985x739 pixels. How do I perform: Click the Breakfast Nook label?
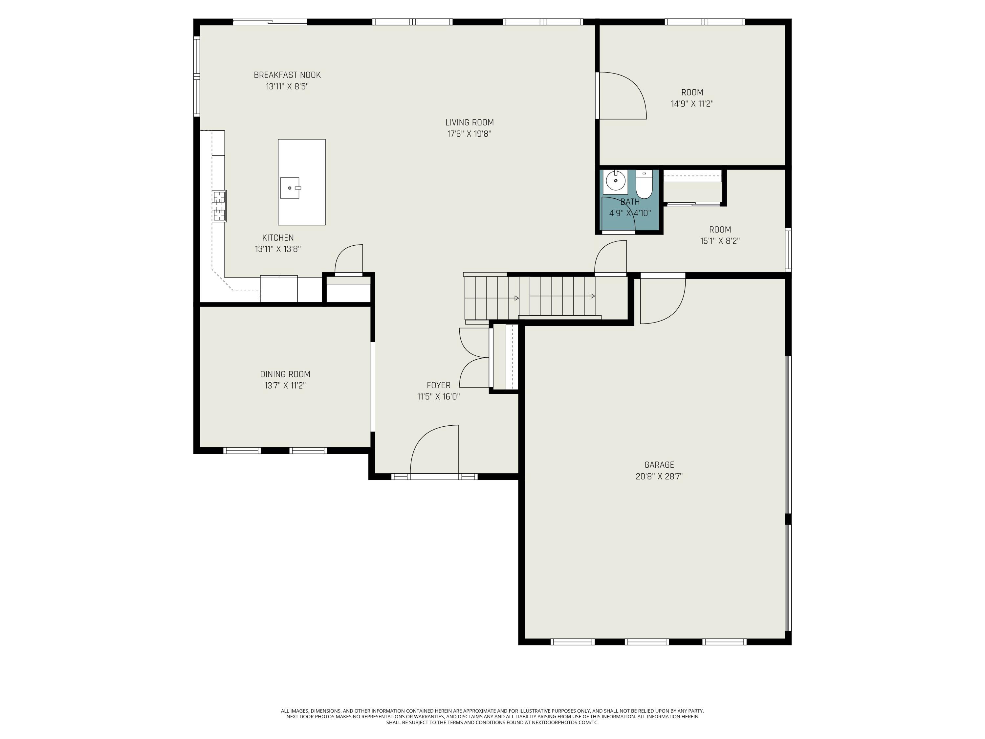pyautogui.click(x=287, y=75)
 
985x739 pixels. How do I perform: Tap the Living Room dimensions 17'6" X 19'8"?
pyautogui.click(x=469, y=134)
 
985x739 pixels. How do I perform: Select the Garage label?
pyautogui.click(x=659, y=465)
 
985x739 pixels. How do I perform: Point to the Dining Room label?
pyautogui.click(x=285, y=374)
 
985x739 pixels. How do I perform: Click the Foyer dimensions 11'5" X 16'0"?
pyautogui.click(x=439, y=396)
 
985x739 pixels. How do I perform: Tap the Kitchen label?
pyautogui.click(x=278, y=238)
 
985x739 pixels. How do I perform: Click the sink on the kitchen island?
pyautogui.click(x=290, y=188)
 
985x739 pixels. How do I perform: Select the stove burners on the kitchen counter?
pyautogui.click(x=219, y=206)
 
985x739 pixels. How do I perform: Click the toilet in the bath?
pyautogui.click(x=644, y=184)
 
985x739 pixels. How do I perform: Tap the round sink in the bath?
pyautogui.click(x=615, y=181)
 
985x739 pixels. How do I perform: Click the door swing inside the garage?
pyautogui.click(x=663, y=301)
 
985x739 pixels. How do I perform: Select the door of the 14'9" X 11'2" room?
pyautogui.click(x=622, y=96)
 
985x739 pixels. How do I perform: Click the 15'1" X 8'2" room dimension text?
pyautogui.click(x=720, y=241)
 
